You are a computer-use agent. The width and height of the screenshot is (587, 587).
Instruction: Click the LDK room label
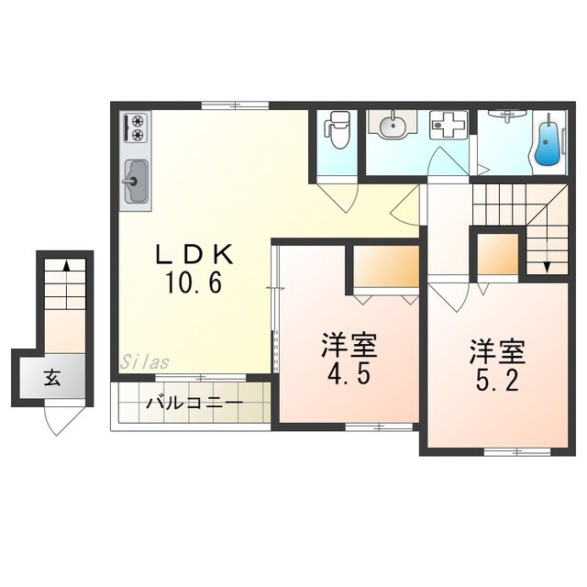point(194,255)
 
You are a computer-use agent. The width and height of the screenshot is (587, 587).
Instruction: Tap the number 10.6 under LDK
point(194,282)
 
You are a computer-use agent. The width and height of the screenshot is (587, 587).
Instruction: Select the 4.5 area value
point(349,374)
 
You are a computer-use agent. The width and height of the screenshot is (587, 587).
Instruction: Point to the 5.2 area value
point(497,381)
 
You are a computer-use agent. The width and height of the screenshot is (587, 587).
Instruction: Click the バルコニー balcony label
point(194,404)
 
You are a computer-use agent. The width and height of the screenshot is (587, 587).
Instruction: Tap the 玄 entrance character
point(52,377)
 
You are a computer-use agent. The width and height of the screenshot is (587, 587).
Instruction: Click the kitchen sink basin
point(135,182)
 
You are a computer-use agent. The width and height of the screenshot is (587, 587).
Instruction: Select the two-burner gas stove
point(136,127)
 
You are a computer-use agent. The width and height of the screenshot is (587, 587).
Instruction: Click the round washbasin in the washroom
point(392,127)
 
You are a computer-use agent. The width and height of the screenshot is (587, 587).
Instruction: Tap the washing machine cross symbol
point(449,125)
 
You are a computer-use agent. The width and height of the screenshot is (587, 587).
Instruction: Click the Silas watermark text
point(145,361)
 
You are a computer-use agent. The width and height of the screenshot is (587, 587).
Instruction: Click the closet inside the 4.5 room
point(386,266)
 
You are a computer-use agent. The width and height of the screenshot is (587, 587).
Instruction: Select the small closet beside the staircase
point(497,255)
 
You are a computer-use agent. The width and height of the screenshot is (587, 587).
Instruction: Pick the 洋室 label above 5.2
point(498,352)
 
